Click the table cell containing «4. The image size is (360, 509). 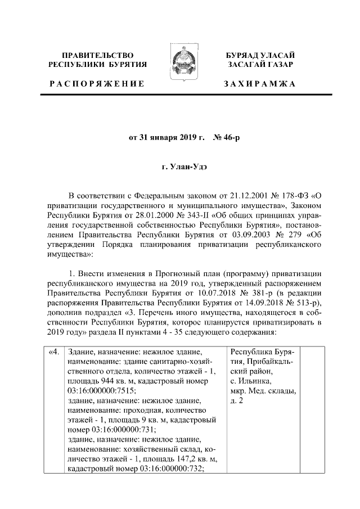pos(54,353)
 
